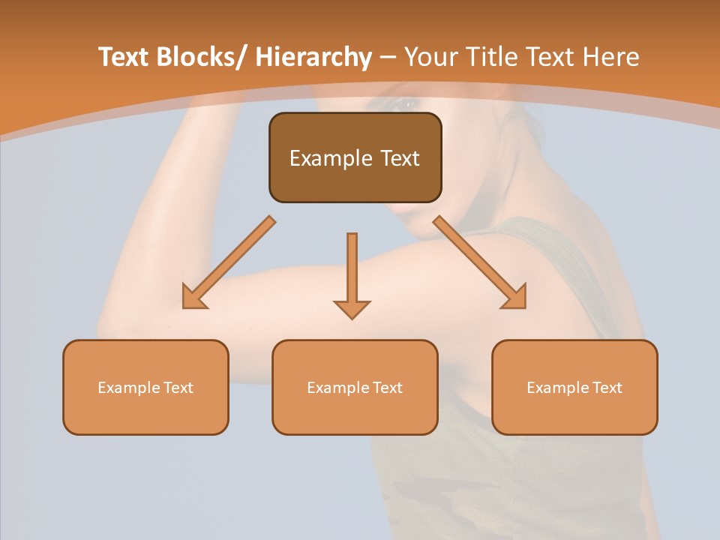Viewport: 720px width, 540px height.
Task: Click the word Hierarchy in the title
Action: point(313,58)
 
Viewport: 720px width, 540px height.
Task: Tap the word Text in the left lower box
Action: point(178,388)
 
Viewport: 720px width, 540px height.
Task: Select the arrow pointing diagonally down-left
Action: point(229,262)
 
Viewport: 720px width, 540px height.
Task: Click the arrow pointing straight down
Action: point(352,274)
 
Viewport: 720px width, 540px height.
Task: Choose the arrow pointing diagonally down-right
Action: point(480,262)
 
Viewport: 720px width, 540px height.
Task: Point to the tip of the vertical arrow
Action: point(352,318)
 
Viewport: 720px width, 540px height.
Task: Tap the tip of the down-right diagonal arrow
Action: point(524,307)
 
